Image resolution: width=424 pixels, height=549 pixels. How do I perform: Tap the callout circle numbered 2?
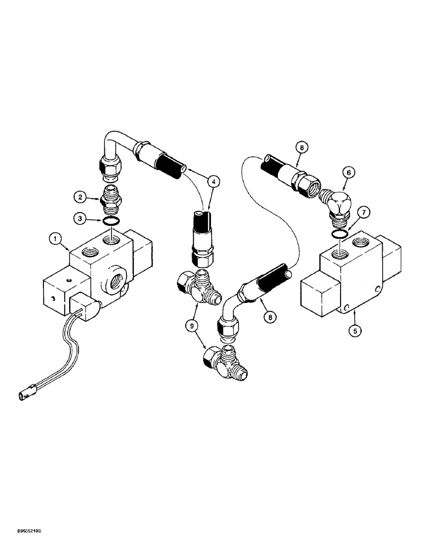tap(80, 195)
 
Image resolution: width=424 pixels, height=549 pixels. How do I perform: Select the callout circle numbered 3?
tap(80, 220)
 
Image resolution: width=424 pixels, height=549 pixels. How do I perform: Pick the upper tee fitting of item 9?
tap(198, 287)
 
